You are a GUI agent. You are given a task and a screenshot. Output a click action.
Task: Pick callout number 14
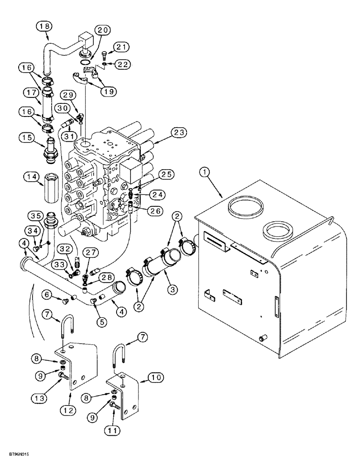point(32,177)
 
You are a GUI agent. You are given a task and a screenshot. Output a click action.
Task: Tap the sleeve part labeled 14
point(49,185)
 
